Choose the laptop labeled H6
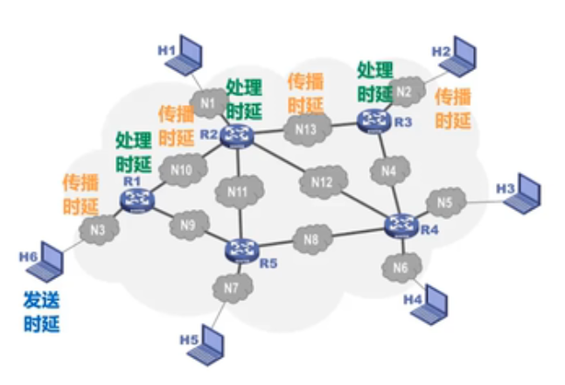pos(47,262)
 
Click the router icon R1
pos(136,200)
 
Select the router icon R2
pos(236,135)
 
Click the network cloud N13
pos(306,129)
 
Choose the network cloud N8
pos(311,236)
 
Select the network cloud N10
pos(182,169)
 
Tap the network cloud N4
pos(388,171)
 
